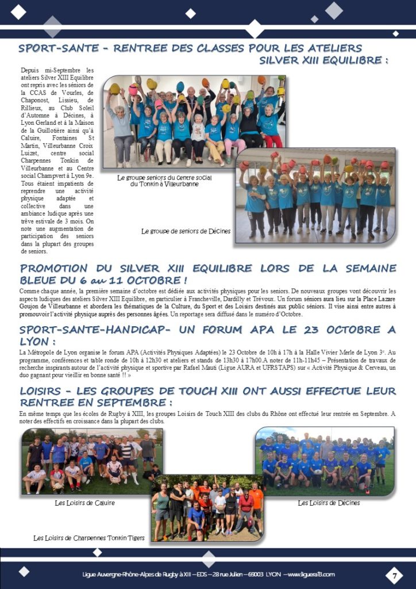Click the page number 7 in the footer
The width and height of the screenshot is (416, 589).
394,574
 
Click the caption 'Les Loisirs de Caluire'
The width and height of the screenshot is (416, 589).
84,503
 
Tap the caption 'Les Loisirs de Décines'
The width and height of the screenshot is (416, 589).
329,503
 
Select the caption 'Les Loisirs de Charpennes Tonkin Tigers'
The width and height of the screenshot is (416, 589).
89,538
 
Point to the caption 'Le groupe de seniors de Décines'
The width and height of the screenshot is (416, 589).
186,231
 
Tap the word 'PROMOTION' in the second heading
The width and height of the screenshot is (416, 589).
56,268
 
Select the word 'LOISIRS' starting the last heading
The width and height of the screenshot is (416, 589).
42,391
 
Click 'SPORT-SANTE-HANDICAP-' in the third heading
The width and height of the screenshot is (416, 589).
87,330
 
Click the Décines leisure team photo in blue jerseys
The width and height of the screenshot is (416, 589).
325,460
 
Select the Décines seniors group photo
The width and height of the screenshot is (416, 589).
315,196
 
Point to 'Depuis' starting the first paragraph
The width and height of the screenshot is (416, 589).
32,70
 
